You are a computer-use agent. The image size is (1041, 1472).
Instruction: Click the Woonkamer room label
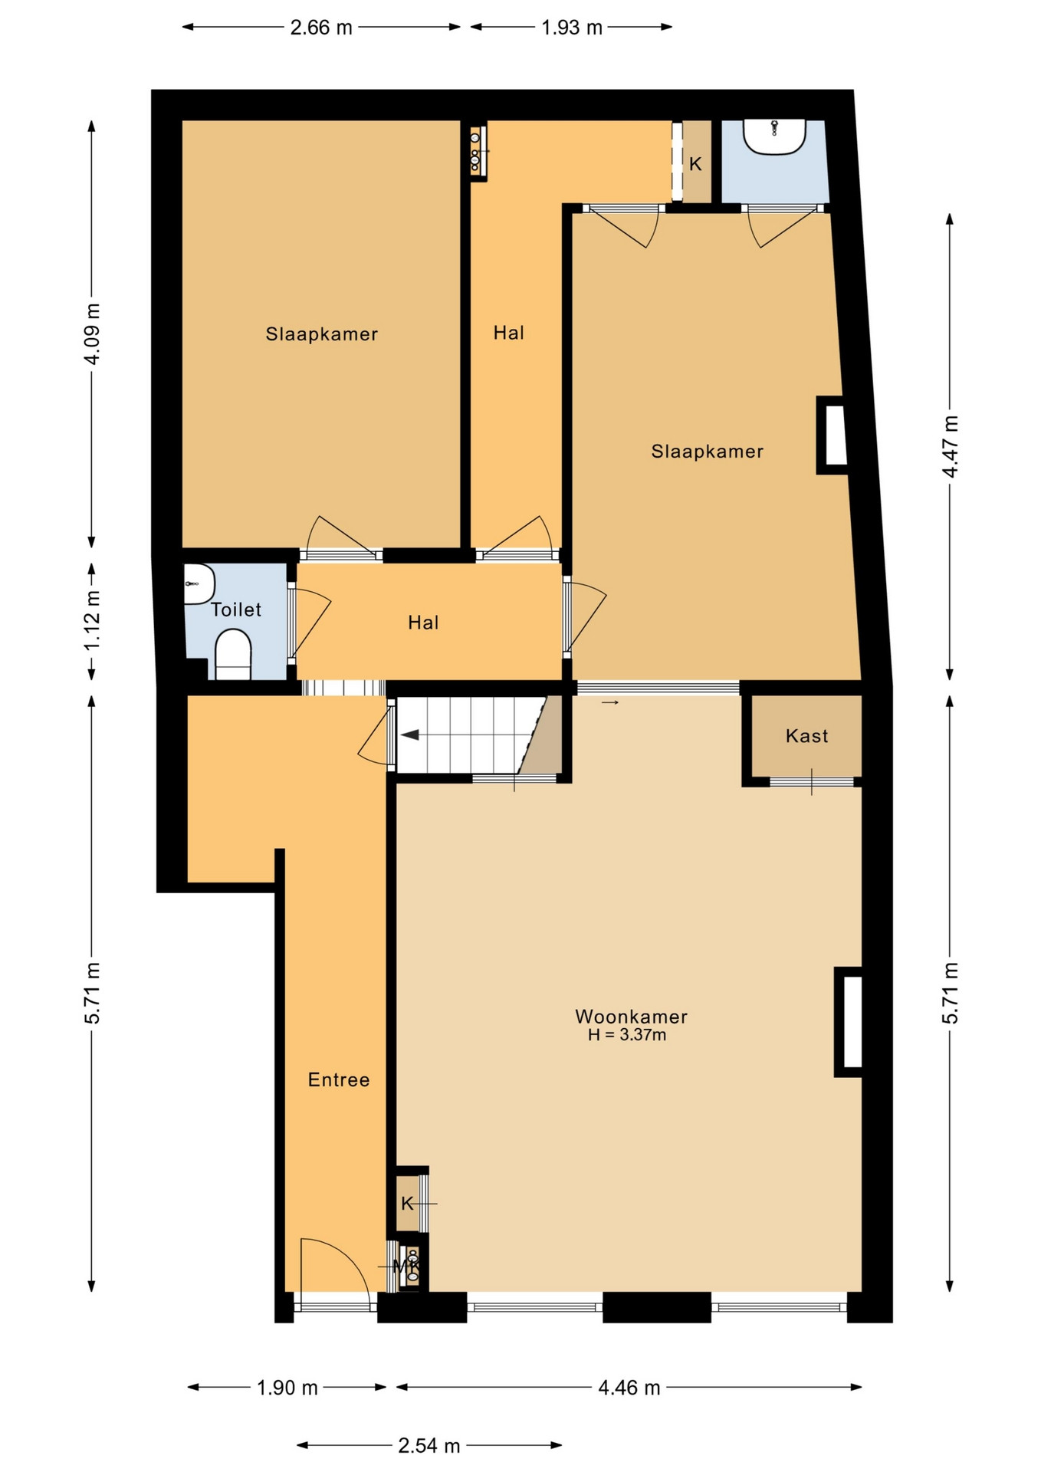coord(631,1017)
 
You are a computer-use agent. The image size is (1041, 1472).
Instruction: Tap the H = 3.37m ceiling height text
coord(626,1035)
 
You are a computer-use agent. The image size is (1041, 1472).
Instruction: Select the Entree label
coord(339,1079)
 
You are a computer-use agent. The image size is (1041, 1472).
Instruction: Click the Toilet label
coord(236,609)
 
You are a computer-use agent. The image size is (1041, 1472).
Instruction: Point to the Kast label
coord(807,736)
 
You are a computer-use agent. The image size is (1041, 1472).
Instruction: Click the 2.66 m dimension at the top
coord(321,28)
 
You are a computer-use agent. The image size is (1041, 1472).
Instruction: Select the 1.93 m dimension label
coord(572,28)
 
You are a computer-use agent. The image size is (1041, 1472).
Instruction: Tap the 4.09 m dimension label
coord(92,333)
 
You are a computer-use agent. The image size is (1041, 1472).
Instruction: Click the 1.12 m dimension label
coord(92,620)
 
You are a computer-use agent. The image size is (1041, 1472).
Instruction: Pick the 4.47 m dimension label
coord(950,446)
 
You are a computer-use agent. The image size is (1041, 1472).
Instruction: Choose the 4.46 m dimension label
coord(629,1388)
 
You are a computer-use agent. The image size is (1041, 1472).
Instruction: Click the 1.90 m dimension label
coord(287,1388)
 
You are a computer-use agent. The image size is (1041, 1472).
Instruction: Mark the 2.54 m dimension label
coord(429,1446)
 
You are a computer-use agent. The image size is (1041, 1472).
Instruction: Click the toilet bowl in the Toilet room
coord(233,654)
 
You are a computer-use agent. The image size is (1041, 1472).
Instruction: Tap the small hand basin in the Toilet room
coord(199,584)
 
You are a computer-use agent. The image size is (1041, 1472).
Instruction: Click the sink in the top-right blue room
coord(774,136)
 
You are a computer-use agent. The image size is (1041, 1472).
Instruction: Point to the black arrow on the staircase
coord(409,735)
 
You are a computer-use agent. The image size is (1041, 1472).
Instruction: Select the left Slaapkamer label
coord(322,334)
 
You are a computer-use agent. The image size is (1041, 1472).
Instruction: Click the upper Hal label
coord(509,333)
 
